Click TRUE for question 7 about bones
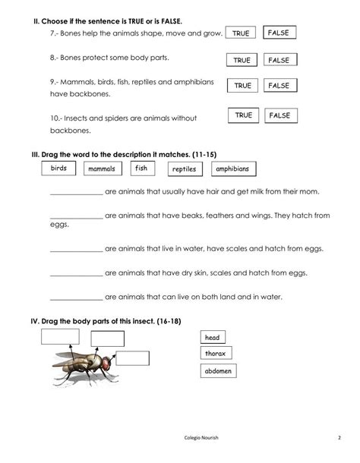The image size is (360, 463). (x=241, y=33)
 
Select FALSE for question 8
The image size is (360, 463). (x=279, y=60)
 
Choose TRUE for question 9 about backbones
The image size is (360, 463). (x=242, y=87)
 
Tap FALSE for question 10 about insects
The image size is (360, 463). (x=279, y=115)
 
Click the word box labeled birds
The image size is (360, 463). (x=58, y=168)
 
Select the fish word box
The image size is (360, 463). (x=141, y=168)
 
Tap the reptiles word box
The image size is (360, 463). (x=184, y=169)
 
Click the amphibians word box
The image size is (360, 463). (x=232, y=169)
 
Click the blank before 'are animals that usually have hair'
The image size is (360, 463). (x=75, y=192)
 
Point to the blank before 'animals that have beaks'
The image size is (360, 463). (x=75, y=216)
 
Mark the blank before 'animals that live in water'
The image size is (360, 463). (x=75, y=249)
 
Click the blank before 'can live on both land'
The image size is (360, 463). (x=75, y=298)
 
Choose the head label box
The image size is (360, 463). (x=212, y=337)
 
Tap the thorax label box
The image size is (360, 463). (x=216, y=354)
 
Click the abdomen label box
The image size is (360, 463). (x=219, y=371)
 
